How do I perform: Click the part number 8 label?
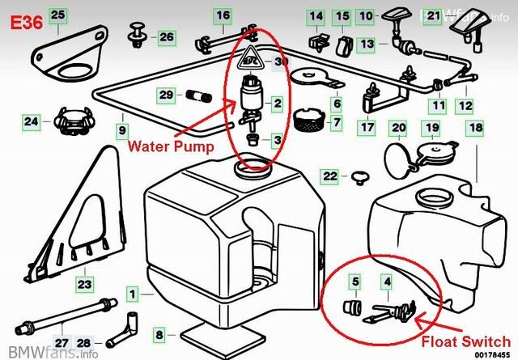[159, 333]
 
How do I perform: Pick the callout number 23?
[84, 283]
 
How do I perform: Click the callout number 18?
[473, 128]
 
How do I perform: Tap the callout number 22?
[330, 176]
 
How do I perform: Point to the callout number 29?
[166, 95]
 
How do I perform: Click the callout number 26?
[165, 36]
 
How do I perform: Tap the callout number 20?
[397, 128]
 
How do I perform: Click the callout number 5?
[354, 281]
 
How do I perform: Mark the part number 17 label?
[367, 127]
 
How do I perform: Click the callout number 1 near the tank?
[131, 297]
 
